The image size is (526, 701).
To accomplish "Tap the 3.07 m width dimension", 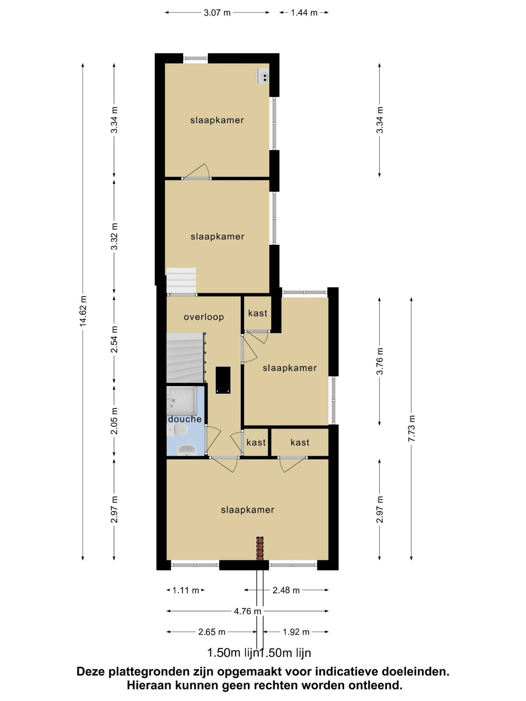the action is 217,13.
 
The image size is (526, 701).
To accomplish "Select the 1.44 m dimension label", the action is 304,13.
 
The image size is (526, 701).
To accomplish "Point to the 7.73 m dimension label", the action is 411,429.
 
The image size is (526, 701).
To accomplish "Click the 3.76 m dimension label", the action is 379,361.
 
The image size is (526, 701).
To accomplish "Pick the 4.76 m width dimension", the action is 247,611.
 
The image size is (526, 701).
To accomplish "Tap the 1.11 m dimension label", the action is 185,590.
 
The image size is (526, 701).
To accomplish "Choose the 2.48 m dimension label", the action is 286,590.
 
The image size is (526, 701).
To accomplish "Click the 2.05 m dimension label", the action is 114,421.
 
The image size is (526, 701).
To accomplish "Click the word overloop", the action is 204,317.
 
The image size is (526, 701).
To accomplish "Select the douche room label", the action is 185,419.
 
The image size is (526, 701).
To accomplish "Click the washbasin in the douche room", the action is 187,450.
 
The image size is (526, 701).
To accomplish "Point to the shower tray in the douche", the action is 182,401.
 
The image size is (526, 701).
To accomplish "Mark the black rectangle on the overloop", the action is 223,380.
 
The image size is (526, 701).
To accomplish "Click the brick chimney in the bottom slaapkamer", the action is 260,548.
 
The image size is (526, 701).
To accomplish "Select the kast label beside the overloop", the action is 258,314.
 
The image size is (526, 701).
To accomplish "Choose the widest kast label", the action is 300,443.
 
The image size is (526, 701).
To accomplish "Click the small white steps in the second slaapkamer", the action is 181,281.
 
